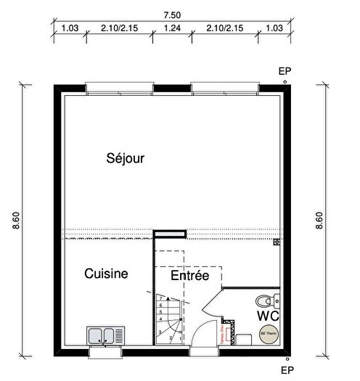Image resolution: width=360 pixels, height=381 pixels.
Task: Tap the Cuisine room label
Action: click(x=106, y=274)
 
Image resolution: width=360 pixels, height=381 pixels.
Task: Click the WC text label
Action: click(x=269, y=316)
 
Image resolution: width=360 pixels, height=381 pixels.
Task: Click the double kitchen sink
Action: click(x=105, y=335)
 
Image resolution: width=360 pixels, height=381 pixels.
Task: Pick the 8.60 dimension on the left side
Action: click(x=16, y=221)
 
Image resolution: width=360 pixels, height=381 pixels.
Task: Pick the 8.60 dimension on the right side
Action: click(x=319, y=221)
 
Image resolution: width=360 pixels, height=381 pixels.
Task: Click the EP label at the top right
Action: click(x=284, y=71)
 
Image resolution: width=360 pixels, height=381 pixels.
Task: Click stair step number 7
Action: click(x=160, y=298)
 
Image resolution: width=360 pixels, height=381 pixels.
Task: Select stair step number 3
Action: click(x=160, y=332)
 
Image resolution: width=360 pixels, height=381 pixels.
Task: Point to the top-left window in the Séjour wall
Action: click(x=120, y=90)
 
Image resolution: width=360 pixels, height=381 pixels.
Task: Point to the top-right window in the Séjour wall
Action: click(x=225, y=90)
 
